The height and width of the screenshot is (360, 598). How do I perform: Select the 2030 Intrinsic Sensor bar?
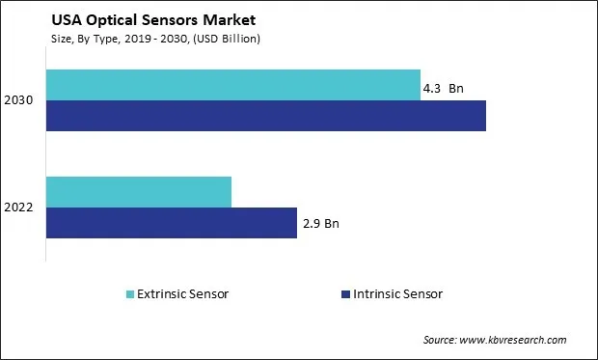point(266,115)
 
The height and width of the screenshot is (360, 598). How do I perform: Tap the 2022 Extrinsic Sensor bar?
point(139,192)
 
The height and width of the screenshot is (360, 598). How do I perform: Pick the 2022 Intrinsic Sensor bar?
point(172,222)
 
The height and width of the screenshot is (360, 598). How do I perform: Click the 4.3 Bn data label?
point(444,89)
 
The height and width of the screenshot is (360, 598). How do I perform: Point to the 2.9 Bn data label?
point(320,224)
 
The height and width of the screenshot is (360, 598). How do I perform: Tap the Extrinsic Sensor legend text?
point(183,293)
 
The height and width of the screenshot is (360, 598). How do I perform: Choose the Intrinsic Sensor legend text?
point(398,293)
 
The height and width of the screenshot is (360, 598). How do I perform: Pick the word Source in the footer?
point(441,340)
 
